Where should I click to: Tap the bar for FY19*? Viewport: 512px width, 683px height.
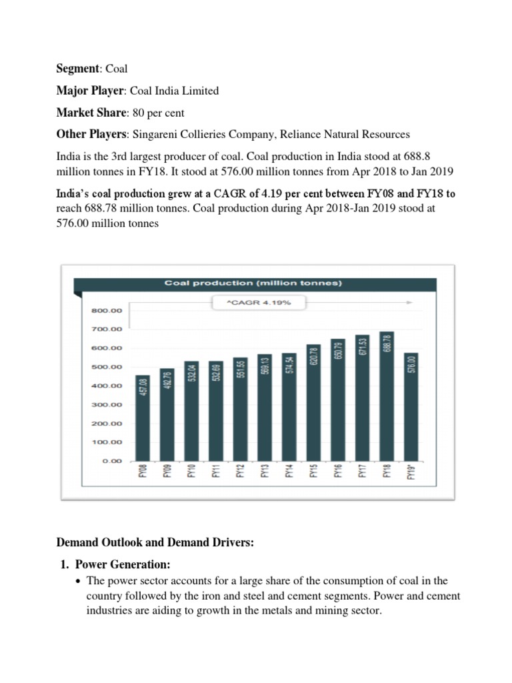411,407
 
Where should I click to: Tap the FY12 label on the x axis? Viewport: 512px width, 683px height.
241,471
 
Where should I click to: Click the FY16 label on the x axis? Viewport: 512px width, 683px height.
338,471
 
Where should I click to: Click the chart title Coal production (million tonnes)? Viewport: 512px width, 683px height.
253,283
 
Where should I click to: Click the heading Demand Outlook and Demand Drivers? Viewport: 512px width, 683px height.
155,544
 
